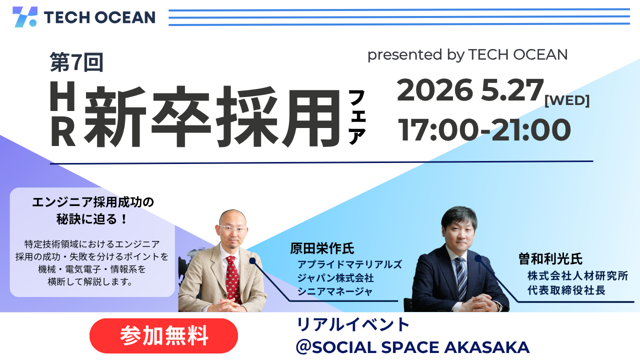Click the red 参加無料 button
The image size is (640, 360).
163,336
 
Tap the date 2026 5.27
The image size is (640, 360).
469,90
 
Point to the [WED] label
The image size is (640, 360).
567,100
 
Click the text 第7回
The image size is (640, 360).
76,62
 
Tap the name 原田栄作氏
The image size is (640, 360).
322,248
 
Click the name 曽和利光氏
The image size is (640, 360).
550,259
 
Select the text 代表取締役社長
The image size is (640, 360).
566,290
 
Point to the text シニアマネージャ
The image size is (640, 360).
335,291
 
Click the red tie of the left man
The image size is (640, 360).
231,280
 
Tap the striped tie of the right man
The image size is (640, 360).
460,277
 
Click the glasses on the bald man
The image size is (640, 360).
233,228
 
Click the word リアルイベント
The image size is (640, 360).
353,325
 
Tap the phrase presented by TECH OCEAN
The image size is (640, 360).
467,54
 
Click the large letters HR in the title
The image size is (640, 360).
63,114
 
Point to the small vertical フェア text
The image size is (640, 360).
357,117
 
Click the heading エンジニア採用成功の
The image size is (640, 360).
92,202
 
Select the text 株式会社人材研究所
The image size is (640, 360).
577,276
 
